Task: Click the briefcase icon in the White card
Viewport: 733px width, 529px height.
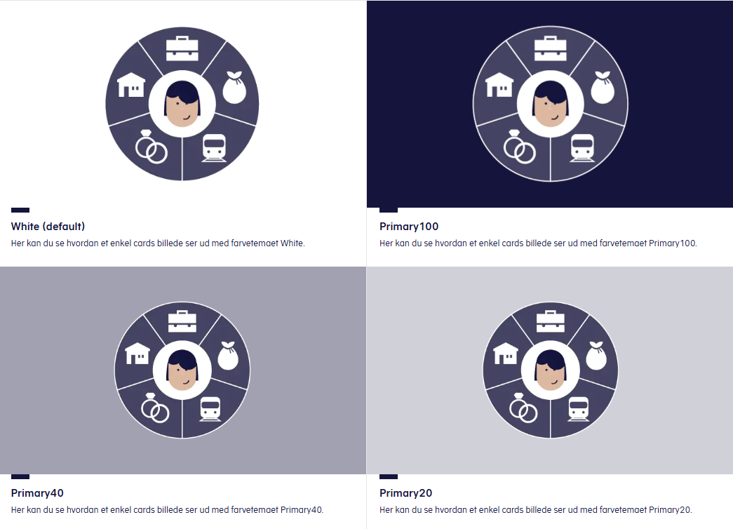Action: point(182,48)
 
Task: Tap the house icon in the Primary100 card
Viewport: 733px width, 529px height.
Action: point(499,85)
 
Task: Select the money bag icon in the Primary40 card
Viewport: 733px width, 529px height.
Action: point(228,356)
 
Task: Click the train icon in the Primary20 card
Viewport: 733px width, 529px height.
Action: point(578,409)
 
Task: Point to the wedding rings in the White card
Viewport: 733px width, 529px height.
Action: point(151,147)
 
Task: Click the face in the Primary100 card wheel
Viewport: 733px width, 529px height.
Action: point(551,104)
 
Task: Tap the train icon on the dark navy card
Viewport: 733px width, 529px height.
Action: point(582,148)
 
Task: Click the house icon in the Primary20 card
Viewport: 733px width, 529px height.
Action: point(506,353)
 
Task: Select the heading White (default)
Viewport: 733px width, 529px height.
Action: point(48,227)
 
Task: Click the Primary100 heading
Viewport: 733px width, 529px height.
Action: point(409,227)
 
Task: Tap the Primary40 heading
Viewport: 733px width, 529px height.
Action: point(37,493)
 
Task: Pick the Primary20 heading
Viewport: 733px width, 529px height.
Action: point(405,493)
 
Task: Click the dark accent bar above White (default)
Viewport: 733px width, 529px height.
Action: point(20,210)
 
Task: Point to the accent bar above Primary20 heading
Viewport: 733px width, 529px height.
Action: point(389,476)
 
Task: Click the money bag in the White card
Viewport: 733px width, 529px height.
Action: point(234,88)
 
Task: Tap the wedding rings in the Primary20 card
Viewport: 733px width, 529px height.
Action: point(523,408)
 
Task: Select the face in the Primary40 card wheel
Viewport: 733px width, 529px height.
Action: point(182,370)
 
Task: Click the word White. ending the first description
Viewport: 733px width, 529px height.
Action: point(292,243)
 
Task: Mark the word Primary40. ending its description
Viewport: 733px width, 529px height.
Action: point(302,510)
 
